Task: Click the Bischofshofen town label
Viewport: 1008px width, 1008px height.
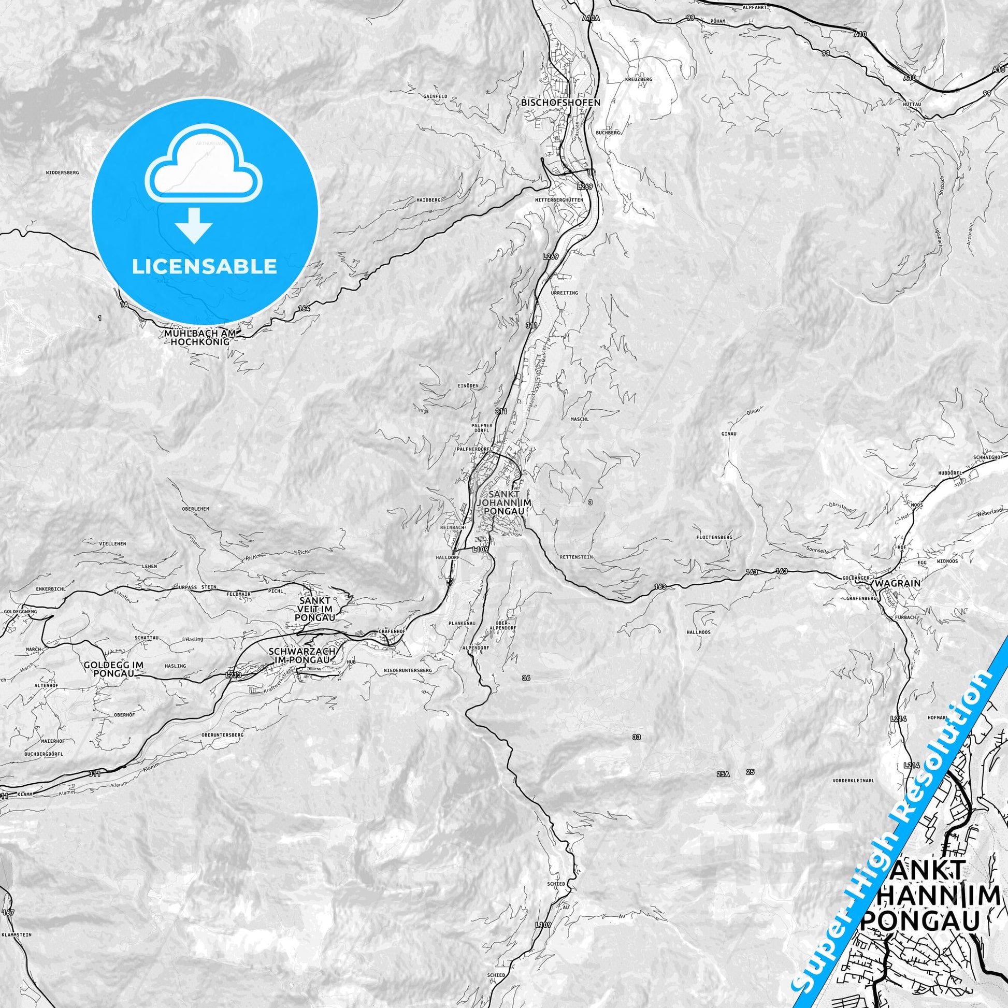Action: (x=560, y=103)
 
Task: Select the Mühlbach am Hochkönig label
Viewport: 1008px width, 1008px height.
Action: (x=200, y=337)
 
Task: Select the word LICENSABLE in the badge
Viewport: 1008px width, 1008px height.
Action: (x=204, y=266)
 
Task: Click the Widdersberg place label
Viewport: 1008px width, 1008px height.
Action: (x=62, y=172)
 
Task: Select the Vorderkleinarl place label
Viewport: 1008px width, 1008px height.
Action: (x=854, y=796)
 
